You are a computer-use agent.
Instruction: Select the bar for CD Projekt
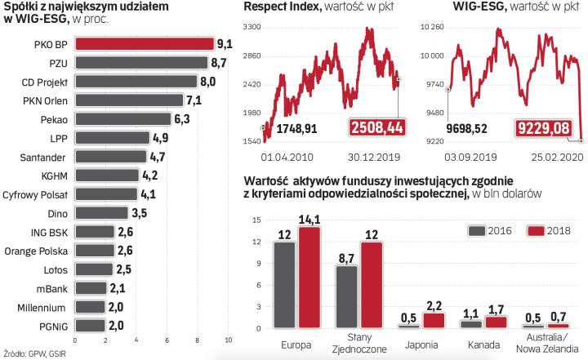(135, 82)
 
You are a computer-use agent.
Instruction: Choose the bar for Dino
(101, 212)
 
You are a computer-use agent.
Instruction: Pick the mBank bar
(91, 287)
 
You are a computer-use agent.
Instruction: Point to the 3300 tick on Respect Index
(251, 28)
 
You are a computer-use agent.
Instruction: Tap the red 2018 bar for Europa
(309, 278)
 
